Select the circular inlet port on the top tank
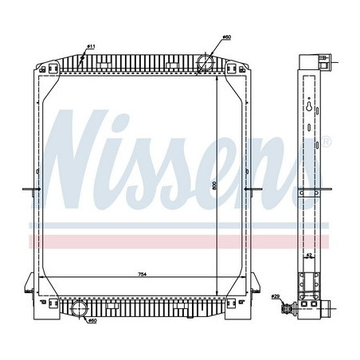pyautogui.click(x=206, y=61)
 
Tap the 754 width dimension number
pyautogui.click(x=141, y=274)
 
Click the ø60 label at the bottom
pyautogui.click(x=92, y=321)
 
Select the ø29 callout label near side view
pyautogui.click(x=276, y=297)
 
